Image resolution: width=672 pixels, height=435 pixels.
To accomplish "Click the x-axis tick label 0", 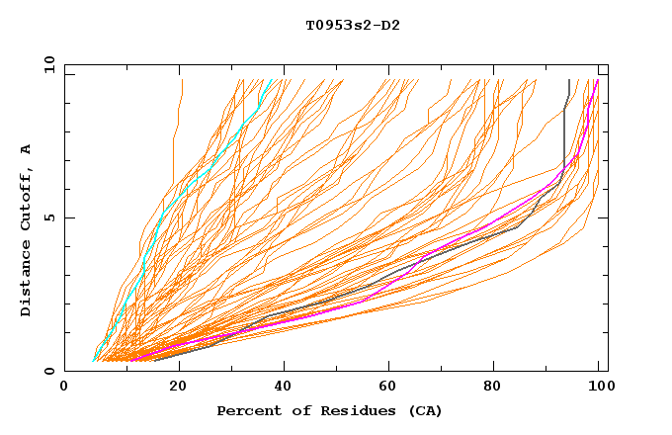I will (64, 387).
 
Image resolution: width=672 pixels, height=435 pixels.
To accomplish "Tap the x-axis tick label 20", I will (178, 387).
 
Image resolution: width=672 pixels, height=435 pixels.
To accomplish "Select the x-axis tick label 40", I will (285, 387).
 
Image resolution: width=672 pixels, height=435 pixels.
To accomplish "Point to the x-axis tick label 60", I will (391, 387).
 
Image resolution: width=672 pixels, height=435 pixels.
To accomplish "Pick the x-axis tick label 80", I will (498, 387).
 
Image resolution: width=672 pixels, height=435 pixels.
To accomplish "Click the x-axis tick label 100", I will (599, 387).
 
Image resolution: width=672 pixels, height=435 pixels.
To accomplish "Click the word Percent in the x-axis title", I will (248, 410).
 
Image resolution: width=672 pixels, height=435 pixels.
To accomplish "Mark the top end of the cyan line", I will (274, 79).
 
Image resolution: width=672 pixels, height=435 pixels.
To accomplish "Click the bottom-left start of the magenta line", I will (132, 359).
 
